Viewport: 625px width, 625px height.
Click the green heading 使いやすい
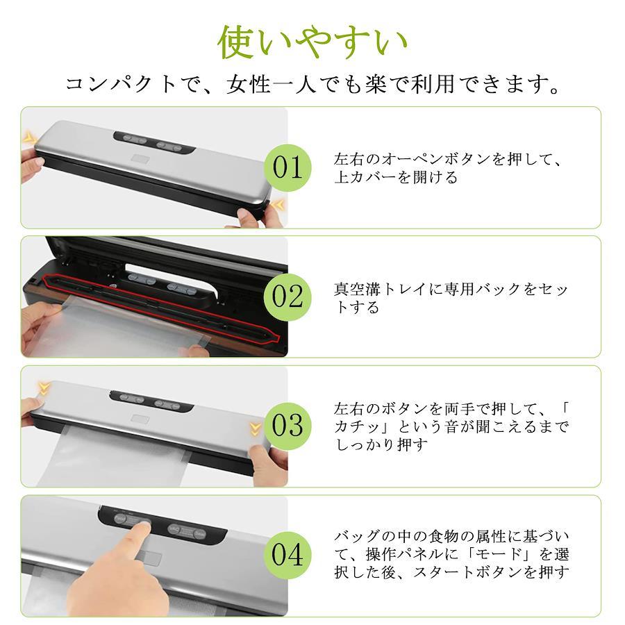click(312, 42)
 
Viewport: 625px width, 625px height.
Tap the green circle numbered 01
click(287, 168)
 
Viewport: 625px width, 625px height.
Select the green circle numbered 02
click(287, 297)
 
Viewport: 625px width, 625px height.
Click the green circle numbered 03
click(287, 426)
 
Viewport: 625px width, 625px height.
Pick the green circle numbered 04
click(287, 555)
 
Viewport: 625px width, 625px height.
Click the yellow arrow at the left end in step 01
click(28, 138)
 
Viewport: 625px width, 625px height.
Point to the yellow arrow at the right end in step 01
click(279, 206)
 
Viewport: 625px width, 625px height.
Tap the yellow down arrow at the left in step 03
click(44, 387)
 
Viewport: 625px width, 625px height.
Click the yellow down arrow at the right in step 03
click(256, 429)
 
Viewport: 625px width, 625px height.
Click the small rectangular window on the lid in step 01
click(141, 160)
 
